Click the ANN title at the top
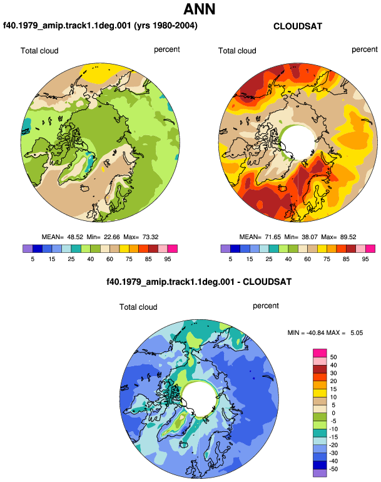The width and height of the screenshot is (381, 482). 200,9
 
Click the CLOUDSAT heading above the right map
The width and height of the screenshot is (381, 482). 298,26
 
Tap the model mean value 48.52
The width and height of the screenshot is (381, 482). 75,237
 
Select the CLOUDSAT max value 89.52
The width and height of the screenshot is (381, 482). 348,237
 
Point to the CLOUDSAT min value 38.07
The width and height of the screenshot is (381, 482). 310,237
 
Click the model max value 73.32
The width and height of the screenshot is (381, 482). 151,237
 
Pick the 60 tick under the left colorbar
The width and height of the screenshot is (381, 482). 109,259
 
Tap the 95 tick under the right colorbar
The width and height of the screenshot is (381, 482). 365,259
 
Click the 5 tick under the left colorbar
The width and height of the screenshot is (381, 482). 33,259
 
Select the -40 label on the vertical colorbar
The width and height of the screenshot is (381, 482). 333,461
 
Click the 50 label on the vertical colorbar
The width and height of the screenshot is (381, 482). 333,357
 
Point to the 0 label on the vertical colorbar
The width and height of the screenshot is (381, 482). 333,413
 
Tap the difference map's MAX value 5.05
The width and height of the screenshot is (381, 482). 357,333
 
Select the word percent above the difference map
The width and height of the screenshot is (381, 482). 266,306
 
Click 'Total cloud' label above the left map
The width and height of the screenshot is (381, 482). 39,51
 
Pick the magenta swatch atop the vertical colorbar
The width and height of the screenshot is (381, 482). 320,353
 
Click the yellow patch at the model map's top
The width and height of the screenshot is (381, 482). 99,73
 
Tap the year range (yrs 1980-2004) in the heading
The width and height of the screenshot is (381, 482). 166,26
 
